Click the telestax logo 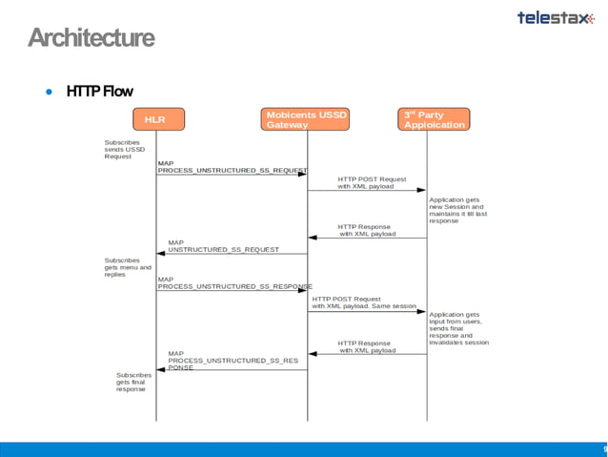tap(555, 17)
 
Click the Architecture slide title tap(91, 38)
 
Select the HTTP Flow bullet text tap(99, 92)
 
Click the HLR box tap(155, 119)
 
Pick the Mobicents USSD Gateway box tap(307, 119)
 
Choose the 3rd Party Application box tap(435, 119)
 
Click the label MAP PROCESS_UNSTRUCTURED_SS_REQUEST tap(232, 167)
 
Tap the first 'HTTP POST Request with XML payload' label tap(372, 182)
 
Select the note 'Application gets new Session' tap(457, 210)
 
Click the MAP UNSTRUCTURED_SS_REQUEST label tap(223, 246)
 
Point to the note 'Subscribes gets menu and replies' tap(127, 267)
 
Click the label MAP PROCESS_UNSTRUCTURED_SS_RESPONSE tap(234, 282)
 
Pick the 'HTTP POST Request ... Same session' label tap(364, 302)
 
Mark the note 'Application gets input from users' tap(459, 328)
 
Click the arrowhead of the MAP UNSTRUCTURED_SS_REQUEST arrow tap(162, 254)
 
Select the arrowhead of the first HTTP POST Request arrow tap(421, 190)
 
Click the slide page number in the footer tap(604, 448)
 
